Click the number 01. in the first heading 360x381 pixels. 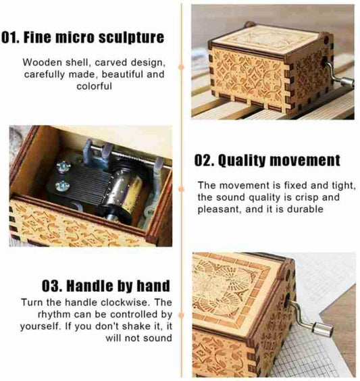pos(10,37)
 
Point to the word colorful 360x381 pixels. pos(95,86)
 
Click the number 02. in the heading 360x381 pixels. pos(204,161)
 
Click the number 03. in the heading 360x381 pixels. pos(52,286)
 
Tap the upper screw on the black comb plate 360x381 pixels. pos(63,167)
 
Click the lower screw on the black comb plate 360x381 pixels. pos(62,186)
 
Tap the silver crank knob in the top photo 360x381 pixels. pos(347,82)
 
